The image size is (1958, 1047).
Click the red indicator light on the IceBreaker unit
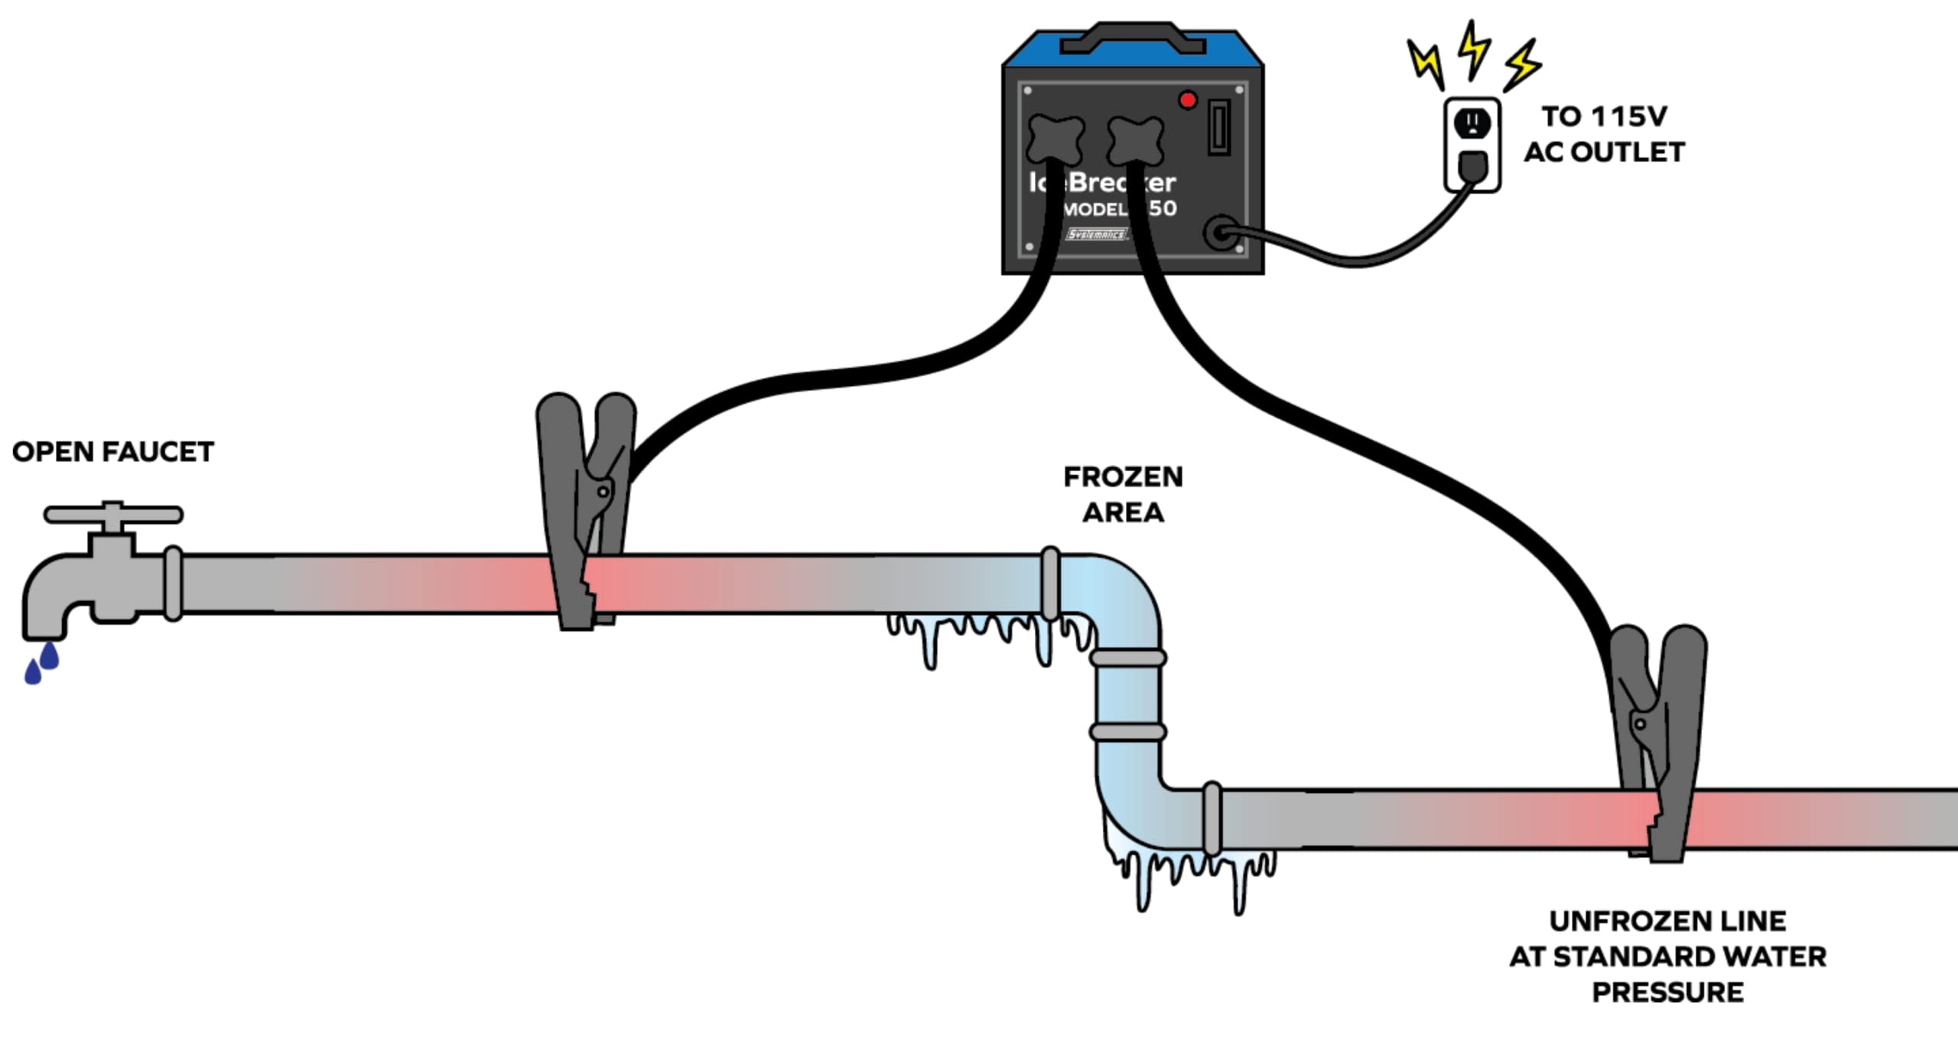pos(1187,100)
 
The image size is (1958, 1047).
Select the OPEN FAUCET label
pos(113,452)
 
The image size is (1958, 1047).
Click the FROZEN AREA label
pos(1123,494)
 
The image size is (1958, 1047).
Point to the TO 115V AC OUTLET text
pos(1604,134)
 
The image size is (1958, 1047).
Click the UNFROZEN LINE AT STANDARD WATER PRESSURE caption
pos(1667,956)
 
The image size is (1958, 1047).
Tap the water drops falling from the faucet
pos(41,663)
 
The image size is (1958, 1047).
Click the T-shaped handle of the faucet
pos(113,515)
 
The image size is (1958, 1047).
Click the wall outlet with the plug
pos(1472,145)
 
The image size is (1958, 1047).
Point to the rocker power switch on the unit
pos(1218,127)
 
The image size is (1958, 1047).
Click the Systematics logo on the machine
pos(1097,234)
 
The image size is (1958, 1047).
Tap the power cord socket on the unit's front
pos(1221,232)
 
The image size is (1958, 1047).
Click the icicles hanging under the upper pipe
pos(987,635)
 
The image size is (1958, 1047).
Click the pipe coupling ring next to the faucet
pos(174,583)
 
